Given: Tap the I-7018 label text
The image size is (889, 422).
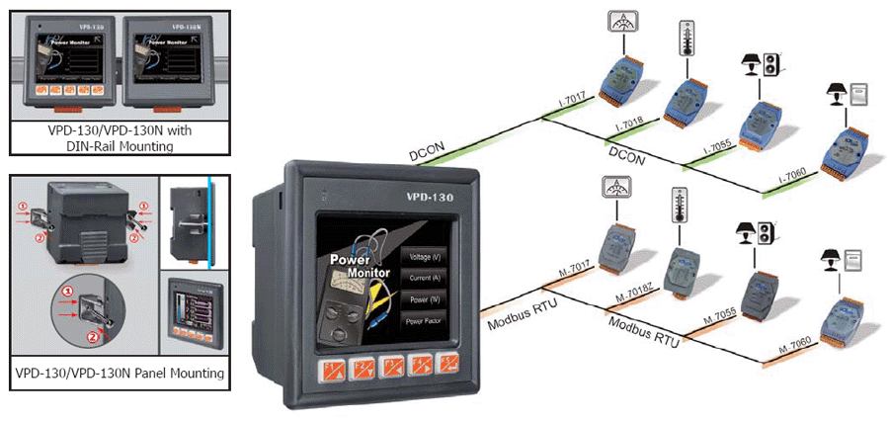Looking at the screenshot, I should click(x=629, y=123).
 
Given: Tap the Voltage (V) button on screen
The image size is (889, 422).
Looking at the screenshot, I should click(x=426, y=257).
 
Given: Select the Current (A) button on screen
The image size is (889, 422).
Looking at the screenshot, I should click(x=426, y=279).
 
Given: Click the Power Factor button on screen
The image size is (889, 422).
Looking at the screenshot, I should click(x=426, y=321).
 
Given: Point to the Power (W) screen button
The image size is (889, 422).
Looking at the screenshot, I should click(x=426, y=300).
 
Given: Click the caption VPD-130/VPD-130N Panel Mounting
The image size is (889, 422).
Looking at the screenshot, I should click(x=120, y=374).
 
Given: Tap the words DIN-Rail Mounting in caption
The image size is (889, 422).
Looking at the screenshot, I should click(x=120, y=145).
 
